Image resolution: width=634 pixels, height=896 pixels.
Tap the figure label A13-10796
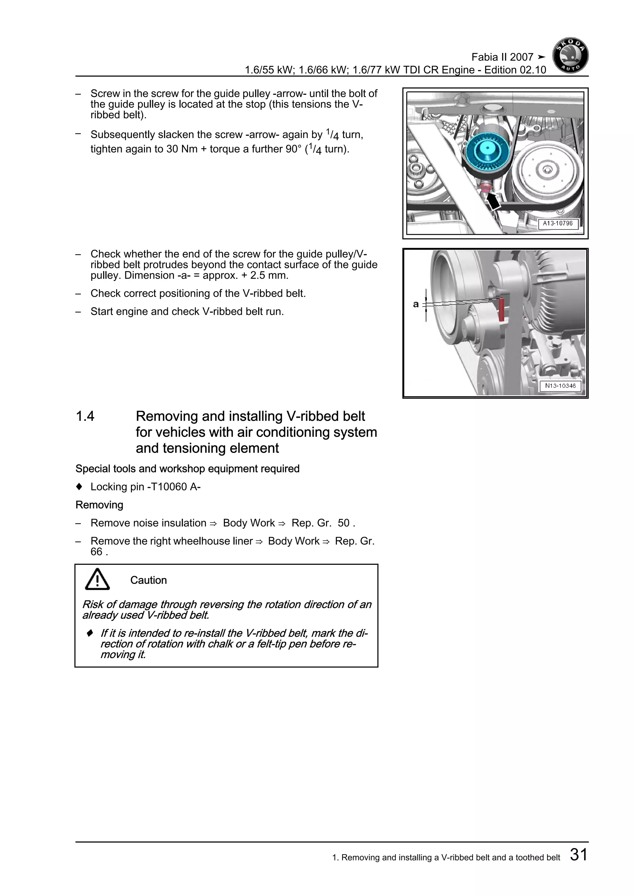coord(558,224)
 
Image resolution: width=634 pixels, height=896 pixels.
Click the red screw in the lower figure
coord(502,310)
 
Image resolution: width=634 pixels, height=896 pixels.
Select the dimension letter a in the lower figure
coord(416,304)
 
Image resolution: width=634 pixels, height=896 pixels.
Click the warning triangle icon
coord(97,579)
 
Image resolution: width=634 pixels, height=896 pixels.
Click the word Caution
coord(148,580)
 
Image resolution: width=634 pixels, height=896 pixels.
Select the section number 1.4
coord(85,416)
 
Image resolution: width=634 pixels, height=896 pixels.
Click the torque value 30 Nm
coord(181,149)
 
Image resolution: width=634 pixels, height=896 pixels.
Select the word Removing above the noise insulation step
coord(99,505)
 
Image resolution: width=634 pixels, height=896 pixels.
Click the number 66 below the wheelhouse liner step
coord(96,552)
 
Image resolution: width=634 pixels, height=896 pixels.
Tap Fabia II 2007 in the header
coord(502,57)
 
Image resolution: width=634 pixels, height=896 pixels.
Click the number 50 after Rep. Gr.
coord(344,523)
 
